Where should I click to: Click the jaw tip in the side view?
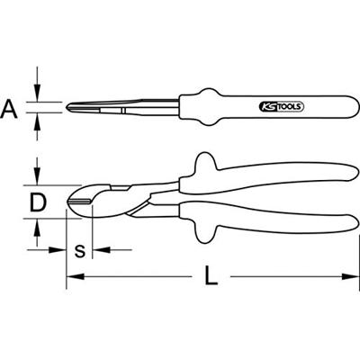[x=72, y=109]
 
